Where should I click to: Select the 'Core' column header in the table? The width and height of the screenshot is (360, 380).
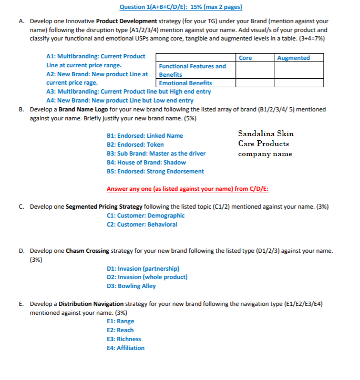click(x=245, y=58)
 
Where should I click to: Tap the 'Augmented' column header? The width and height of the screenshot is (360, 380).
click(x=293, y=58)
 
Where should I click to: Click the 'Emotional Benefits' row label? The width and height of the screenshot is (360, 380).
click(x=186, y=83)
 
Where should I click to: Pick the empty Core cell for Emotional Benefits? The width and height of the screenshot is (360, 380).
click(x=254, y=83)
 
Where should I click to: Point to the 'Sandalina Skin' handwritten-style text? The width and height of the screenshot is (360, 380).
click(x=265, y=134)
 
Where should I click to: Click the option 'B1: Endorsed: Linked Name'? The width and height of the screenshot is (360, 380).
click(x=145, y=136)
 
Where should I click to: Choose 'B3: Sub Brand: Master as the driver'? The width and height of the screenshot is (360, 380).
click(x=156, y=153)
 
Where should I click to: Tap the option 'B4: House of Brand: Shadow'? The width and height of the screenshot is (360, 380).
click(x=146, y=162)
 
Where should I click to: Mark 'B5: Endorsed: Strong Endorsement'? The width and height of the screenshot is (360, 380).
click(x=155, y=171)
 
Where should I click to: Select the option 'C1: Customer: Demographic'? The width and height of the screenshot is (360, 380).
click(x=146, y=215)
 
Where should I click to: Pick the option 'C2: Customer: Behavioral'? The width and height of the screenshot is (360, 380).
click(x=142, y=224)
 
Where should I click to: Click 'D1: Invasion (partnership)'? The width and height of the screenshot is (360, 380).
click(x=143, y=268)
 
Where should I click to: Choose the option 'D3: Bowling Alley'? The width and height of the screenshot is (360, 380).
click(x=131, y=286)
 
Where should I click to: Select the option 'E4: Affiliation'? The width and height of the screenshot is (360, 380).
click(x=125, y=348)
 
